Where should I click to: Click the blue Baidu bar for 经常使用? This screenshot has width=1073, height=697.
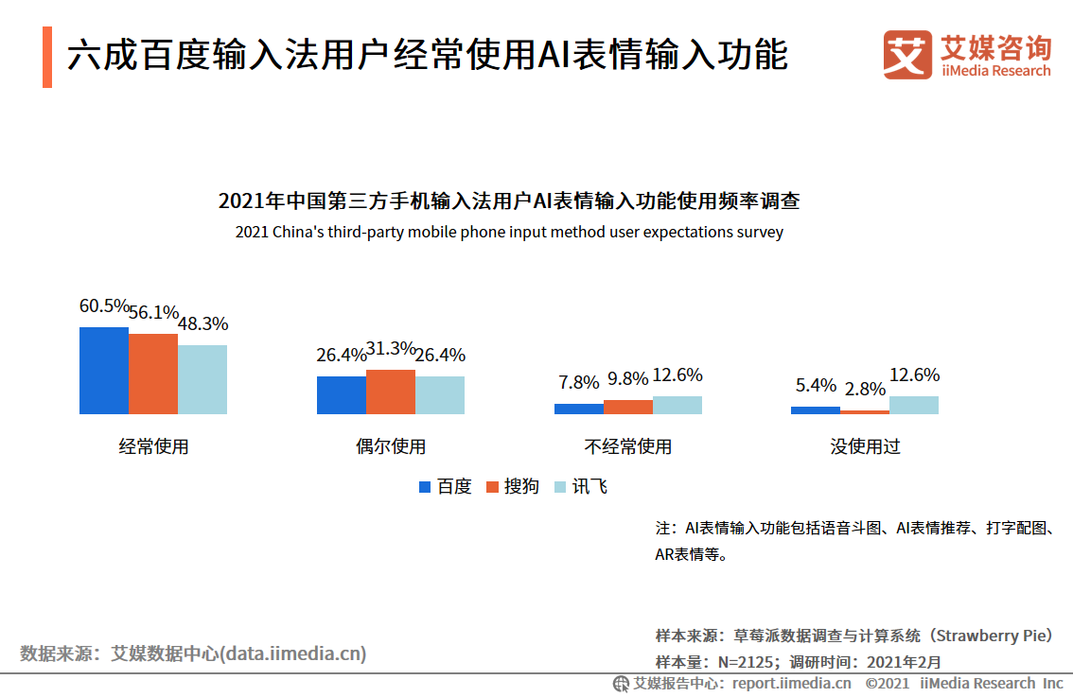(x=104, y=371)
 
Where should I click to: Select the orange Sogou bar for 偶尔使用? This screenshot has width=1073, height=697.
(x=391, y=392)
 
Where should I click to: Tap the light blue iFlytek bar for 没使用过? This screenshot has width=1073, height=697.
(x=914, y=405)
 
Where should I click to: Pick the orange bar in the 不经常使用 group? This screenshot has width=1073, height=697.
(x=628, y=407)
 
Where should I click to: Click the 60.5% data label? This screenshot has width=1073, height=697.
(x=104, y=306)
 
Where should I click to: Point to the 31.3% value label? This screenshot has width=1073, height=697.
(x=391, y=349)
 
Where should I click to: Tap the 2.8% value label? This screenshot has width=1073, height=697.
(x=865, y=389)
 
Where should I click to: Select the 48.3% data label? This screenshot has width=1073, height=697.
(x=203, y=324)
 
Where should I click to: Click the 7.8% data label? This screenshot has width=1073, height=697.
(x=579, y=383)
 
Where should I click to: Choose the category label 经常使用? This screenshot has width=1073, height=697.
(x=153, y=446)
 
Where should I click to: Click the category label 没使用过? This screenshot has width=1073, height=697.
(x=865, y=446)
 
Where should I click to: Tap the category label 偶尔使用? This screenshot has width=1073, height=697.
(x=391, y=446)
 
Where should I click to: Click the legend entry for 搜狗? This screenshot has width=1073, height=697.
(x=512, y=487)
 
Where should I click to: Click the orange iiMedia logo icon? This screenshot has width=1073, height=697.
(x=907, y=56)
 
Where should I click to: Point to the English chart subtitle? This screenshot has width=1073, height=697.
(x=509, y=232)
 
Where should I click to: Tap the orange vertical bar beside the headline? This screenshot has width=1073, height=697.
(x=47, y=57)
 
